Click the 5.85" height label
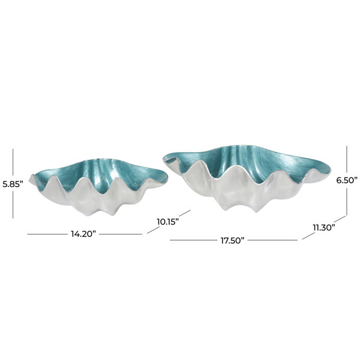[x=13, y=184]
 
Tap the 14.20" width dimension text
[x=83, y=234]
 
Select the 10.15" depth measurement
[x=168, y=222]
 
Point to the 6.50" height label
[x=347, y=180]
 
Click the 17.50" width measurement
[x=232, y=241]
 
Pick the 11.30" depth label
[x=324, y=228]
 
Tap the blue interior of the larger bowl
[x=248, y=163]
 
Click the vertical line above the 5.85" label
[x=13, y=163]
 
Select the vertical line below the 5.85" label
[x=13, y=204]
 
